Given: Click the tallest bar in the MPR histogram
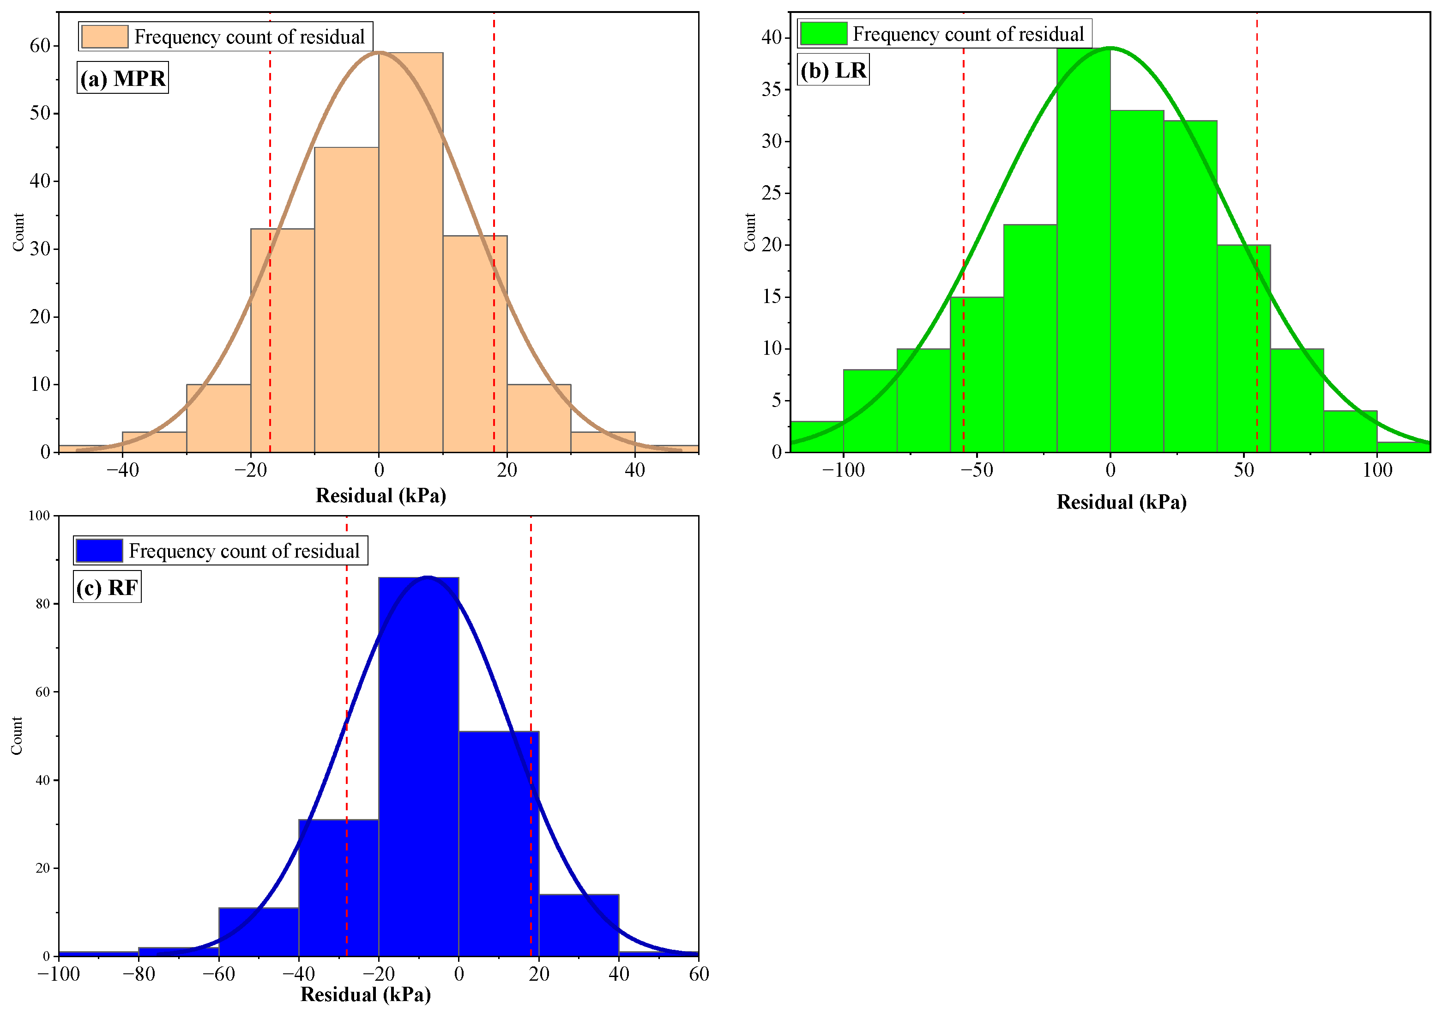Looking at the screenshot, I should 411,251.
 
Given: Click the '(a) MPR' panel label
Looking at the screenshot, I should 123,79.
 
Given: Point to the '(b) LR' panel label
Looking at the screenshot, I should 833,70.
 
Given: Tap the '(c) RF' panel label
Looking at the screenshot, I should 108,588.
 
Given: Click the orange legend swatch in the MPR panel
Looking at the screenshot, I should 104,36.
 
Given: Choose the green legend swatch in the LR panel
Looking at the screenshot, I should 823,33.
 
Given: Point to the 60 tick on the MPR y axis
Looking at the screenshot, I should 40,45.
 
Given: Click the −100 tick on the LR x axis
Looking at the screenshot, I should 844,470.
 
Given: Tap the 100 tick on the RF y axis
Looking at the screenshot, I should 39,516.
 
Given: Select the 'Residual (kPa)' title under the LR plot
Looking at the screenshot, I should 1121,502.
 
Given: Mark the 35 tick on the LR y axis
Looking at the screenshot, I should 772,89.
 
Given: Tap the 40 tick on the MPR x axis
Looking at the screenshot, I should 635,470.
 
